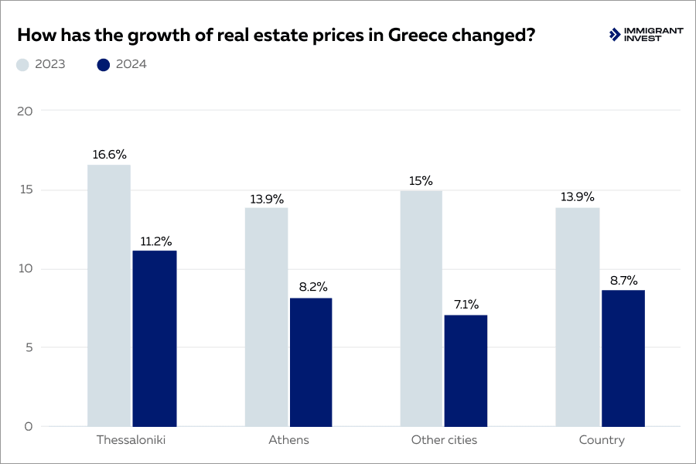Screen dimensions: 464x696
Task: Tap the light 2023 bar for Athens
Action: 266,317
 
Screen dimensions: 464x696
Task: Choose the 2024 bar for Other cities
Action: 466,370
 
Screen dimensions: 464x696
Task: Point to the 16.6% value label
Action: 109,155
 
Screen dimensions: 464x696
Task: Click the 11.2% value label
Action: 155,241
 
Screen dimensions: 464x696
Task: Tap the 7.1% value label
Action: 466,305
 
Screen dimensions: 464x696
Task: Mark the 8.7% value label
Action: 623,281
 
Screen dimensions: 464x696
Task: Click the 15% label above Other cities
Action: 421,181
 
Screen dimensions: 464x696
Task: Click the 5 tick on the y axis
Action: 28,347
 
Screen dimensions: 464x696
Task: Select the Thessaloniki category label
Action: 131,440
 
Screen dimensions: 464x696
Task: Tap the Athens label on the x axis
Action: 288,440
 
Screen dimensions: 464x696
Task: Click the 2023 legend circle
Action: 22,65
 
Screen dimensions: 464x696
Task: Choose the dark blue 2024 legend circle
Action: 104,65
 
